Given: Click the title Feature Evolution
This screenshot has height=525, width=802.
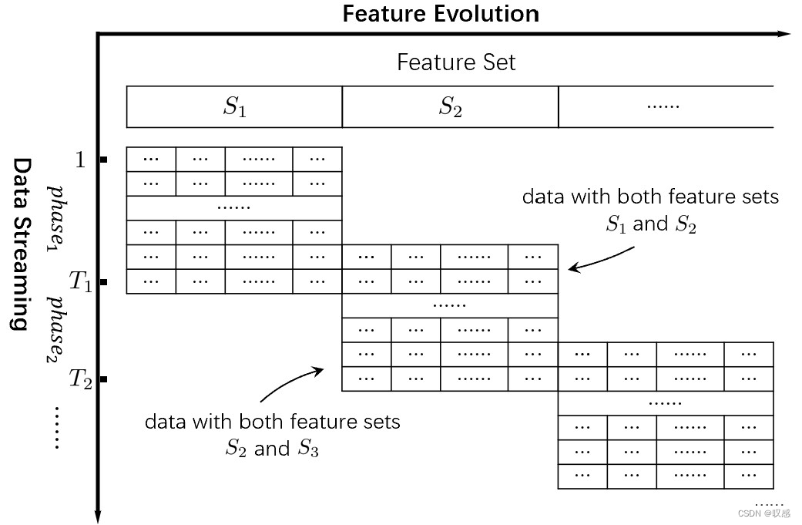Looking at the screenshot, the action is (x=441, y=14).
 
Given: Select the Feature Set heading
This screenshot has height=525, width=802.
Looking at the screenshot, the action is (x=456, y=62).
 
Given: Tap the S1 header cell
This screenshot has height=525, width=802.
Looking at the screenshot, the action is (x=234, y=107).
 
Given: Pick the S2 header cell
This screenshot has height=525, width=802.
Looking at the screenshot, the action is (x=450, y=107).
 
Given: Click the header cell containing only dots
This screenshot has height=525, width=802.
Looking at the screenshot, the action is (x=666, y=107).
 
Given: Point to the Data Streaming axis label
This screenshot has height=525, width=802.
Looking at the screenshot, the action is (x=22, y=244).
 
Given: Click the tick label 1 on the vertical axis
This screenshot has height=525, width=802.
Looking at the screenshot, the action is (x=80, y=160).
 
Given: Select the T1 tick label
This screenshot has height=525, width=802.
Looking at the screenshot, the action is (x=81, y=281).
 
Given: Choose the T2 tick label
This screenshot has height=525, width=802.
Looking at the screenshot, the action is (x=81, y=379).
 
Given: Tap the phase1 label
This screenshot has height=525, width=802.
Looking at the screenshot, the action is (x=56, y=218).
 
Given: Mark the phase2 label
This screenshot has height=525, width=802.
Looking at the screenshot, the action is (x=56, y=330).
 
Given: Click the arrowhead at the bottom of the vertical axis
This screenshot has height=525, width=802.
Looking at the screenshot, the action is (x=98, y=517).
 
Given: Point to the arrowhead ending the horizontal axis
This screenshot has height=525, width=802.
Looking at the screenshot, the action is (x=784, y=34).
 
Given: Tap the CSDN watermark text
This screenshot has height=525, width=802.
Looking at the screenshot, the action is (x=764, y=513).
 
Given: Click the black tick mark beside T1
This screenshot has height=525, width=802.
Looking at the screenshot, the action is (x=104, y=282).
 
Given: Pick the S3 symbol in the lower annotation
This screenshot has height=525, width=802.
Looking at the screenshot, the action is (x=308, y=448).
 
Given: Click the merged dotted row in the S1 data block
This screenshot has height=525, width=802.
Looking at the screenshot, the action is (x=234, y=208).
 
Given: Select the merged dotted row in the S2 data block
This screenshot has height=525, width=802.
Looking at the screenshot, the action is (x=450, y=305).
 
